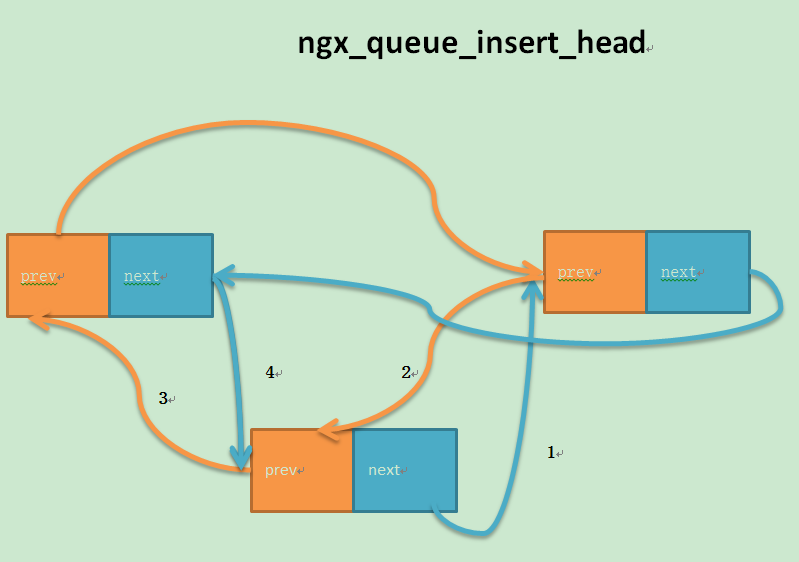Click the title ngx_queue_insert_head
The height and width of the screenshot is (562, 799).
tap(471, 43)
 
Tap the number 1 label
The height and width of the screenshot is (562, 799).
tap(551, 452)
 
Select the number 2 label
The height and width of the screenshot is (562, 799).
tap(406, 372)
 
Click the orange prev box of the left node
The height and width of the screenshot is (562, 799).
tap(58, 276)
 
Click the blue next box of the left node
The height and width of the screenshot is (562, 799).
tap(161, 276)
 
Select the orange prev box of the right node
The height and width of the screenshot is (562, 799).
tap(595, 272)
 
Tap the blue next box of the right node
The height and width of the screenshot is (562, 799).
tap(698, 272)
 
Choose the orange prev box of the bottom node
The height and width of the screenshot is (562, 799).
tap(302, 470)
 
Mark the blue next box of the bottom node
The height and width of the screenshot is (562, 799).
tap(405, 470)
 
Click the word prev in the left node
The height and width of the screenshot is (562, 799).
tap(39, 277)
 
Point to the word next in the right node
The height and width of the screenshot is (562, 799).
tap(678, 272)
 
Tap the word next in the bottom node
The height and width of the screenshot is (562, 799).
tap(384, 470)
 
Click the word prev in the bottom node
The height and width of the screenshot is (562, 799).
tap(281, 470)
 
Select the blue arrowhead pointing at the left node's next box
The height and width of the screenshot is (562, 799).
tap(223, 275)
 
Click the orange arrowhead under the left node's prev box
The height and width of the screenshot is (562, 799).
tap(40, 320)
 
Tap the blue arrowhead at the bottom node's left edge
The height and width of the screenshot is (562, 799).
tap(241, 457)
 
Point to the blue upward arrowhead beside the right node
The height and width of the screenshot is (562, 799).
tap(533, 289)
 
